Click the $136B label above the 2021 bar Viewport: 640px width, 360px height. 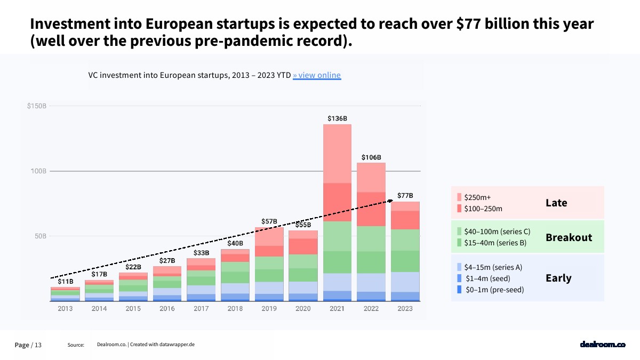pos(337,118)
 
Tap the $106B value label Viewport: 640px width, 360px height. pos(371,157)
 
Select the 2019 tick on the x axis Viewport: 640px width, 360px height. pos(269,309)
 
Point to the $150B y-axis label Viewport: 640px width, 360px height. pos(37,106)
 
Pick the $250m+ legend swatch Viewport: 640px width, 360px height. pos(459,197)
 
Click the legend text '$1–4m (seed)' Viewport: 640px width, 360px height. pos(487,278)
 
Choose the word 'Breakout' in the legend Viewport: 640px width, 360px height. pos(569,237)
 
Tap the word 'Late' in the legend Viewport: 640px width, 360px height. pos(556,203)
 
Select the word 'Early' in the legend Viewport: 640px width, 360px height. pos(558,278)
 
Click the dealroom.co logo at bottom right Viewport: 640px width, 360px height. pos(602,345)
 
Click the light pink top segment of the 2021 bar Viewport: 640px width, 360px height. pos(337,154)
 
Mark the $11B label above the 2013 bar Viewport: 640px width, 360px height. pos(66,281)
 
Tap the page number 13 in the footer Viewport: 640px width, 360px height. pos(38,345)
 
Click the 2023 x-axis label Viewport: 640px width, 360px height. pos(405,309)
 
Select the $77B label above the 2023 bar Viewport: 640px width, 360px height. pos(405,195)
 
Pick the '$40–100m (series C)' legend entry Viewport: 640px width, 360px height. pos(497,231)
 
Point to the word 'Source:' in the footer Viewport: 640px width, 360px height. pos(76,345)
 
